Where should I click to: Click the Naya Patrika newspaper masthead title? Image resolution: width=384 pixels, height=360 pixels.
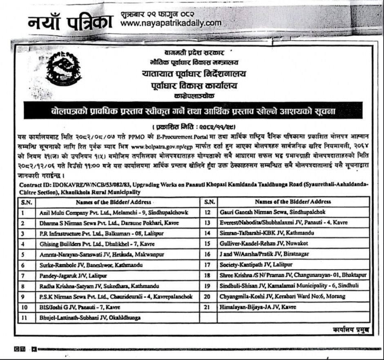(x=70, y=21)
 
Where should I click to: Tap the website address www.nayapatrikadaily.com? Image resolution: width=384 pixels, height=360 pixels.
(x=171, y=23)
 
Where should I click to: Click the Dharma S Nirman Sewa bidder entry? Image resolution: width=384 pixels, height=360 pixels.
(x=109, y=223)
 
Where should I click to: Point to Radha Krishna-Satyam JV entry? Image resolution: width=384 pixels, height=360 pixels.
(x=99, y=286)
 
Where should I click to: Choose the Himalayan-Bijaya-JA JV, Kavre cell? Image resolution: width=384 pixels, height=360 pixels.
(x=257, y=307)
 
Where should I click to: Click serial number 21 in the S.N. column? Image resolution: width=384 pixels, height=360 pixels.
(x=208, y=307)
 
